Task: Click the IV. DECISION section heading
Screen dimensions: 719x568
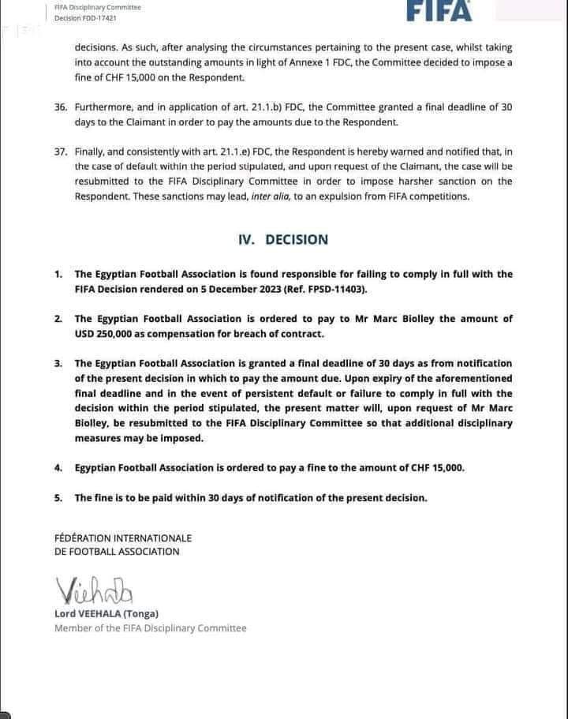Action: tap(283, 240)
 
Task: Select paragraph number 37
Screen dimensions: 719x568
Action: tap(61, 151)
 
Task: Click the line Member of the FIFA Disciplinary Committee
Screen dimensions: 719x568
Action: tap(150, 628)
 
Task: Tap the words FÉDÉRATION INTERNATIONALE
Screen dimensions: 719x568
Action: tap(123, 538)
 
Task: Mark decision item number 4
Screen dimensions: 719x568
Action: tap(58, 468)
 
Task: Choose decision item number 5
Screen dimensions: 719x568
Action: tap(58, 498)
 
